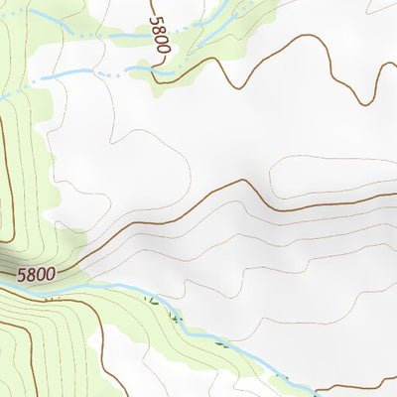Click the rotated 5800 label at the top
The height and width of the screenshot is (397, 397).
160,34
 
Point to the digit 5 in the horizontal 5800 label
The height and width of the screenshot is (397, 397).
21,269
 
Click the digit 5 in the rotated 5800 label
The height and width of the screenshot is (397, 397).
156,20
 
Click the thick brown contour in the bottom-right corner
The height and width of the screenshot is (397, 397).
357,385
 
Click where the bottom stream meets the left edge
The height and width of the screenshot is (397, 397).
2,281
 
